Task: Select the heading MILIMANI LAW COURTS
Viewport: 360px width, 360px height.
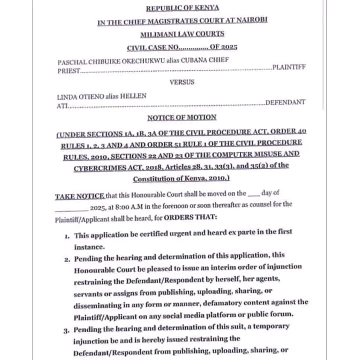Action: pos(182,34)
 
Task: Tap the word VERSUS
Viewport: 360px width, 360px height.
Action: pos(182,82)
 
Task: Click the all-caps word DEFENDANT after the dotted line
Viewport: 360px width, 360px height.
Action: pos(285,102)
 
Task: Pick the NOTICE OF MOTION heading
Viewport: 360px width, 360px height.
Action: pos(182,118)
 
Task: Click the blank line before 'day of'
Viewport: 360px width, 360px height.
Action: pos(253,195)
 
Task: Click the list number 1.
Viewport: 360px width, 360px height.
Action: pos(67,235)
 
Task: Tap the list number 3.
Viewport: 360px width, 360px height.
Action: pos(66,330)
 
